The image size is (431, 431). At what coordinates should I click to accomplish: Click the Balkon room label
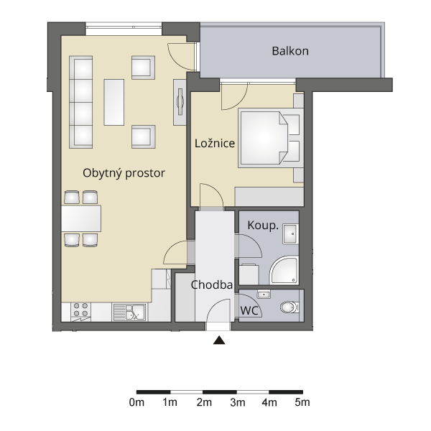click(290, 51)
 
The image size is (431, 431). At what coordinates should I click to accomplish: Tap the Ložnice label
click(215, 143)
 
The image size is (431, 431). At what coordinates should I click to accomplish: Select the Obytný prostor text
click(124, 173)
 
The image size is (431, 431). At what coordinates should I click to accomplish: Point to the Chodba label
click(212, 285)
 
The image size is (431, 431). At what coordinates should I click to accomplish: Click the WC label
click(249, 310)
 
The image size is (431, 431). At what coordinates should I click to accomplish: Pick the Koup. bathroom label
click(263, 226)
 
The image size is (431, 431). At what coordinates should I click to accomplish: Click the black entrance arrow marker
click(219, 340)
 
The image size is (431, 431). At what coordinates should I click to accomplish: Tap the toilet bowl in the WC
click(289, 307)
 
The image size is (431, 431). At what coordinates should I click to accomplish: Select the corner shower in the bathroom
click(284, 270)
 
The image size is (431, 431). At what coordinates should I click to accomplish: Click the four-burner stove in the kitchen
click(80, 312)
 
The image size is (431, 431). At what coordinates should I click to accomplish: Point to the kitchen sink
click(129, 312)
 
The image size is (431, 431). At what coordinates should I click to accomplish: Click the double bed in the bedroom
click(271, 138)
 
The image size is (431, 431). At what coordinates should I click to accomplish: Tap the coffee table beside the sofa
click(113, 102)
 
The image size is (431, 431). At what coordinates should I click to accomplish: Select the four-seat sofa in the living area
click(80, 102)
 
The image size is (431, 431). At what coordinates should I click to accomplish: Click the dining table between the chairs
click(80, 218)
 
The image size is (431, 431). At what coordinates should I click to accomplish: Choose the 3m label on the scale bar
click(238, 403)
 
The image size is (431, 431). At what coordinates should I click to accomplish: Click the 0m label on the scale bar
click(136, 403)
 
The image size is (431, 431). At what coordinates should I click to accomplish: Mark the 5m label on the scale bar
click(302, 403)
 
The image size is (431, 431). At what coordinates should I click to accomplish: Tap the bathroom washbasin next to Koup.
click(290, 234)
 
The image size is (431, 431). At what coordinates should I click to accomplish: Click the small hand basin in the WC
click(264, 295)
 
